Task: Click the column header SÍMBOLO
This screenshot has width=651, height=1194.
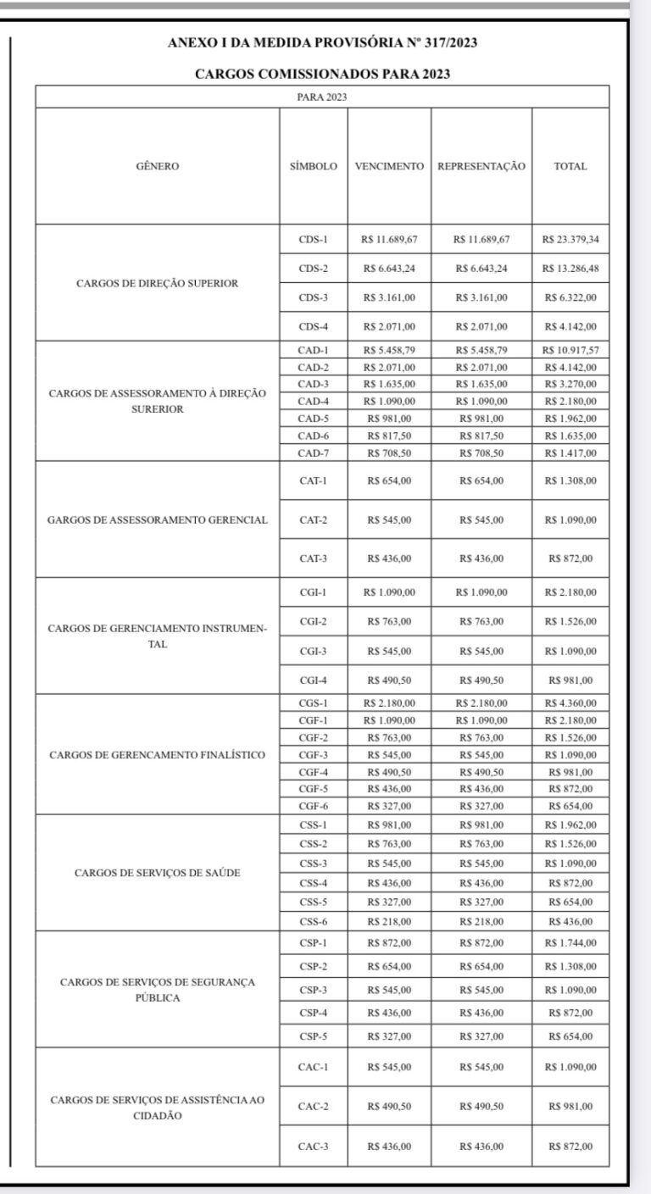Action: click(313, 167)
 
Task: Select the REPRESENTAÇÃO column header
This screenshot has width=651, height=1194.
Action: click(481, 167)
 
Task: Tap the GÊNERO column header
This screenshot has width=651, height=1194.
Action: click(158, 167)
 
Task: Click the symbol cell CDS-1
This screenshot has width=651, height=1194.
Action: click(313, 240)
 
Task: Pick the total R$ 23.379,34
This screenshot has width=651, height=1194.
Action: click(570, 240)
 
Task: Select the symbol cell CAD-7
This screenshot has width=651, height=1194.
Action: click(313, 453)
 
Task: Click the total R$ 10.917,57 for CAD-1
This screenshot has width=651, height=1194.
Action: click(570, 350)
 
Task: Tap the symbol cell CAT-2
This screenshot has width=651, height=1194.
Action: click(313, 519)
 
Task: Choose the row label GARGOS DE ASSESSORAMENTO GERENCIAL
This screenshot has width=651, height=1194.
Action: click(158, 519)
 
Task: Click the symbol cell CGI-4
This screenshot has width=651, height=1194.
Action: click(313, 680)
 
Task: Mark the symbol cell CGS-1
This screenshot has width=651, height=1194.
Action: click(313, 703)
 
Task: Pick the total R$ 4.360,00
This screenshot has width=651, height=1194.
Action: click(570, 703)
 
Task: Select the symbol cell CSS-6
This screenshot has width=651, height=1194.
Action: click(313, 921)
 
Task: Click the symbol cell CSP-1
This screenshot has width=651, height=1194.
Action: click(313, 943)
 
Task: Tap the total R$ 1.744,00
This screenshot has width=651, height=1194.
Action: click(570, 943)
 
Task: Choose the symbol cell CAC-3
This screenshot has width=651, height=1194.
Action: click(313, 1147)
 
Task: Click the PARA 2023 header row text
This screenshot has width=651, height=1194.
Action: click(322, 97)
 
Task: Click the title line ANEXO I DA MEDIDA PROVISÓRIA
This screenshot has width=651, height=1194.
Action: click(322, 43)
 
